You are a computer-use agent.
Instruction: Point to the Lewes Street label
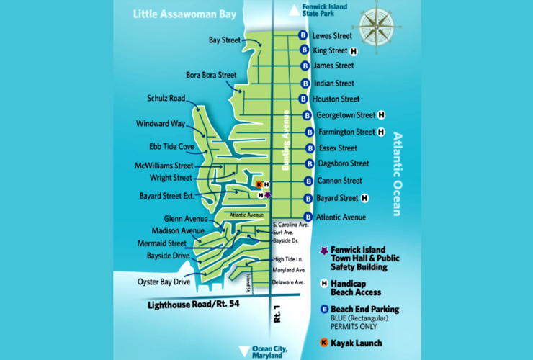click(x=332, y=35)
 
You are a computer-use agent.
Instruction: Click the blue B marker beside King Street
click(x=305, y=50)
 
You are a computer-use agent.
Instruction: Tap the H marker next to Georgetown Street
click(x=381, y=114)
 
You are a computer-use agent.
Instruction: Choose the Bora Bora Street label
click(x=211, y=74)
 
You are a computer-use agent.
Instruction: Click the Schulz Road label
click(x=166, y=99)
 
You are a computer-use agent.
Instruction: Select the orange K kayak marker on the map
click(x=259, y=184)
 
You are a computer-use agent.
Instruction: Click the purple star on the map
click(x=268, y=194)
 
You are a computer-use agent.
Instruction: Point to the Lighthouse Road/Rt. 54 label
click(x=193, y=305)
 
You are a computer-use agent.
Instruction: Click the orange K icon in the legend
click(x=324, y=343)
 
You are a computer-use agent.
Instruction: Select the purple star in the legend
click(x=324, y=251)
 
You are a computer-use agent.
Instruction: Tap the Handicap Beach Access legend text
click(x=355, y=287)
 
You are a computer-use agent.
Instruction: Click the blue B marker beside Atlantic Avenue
click(x=308, y=217)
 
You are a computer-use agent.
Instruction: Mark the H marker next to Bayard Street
click(x=364, y=198)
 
